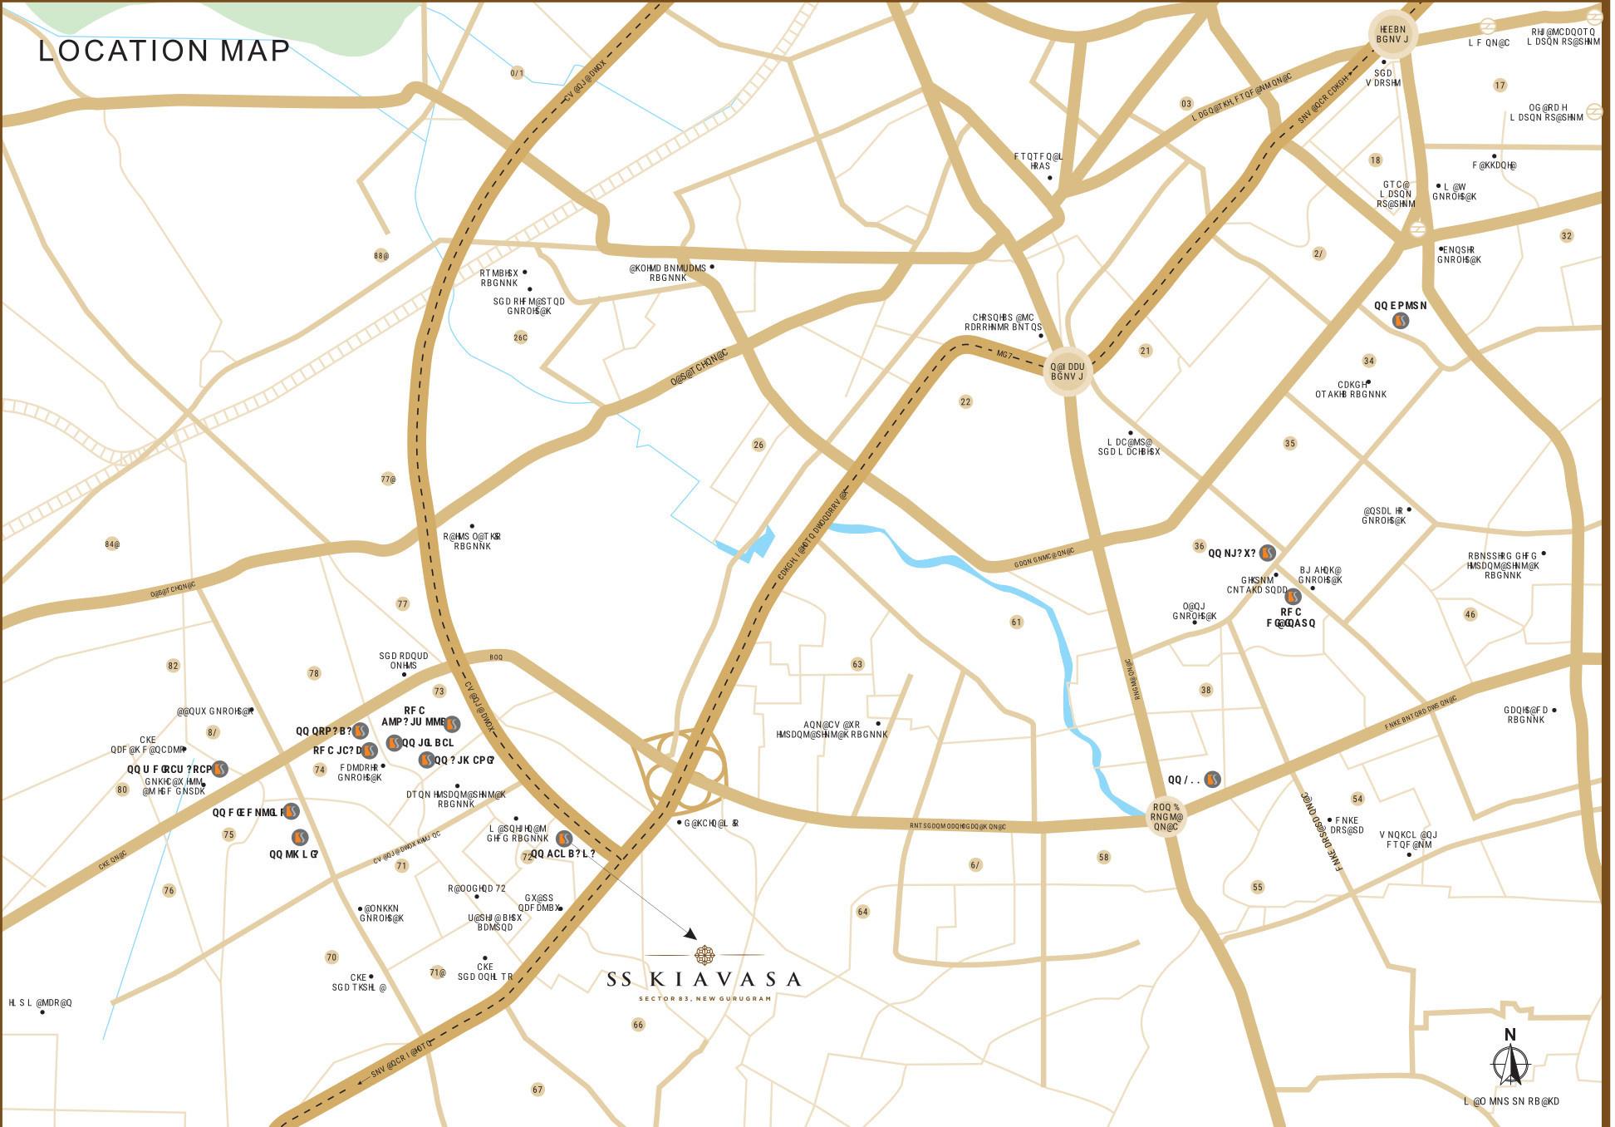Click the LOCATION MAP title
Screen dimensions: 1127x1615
coord(164,51)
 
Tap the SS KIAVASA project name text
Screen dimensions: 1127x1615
coord(704,980)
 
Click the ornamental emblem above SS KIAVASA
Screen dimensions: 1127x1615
coord(704,954)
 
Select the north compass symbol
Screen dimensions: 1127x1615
coord(1510,1065)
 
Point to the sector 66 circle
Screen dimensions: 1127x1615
coord(638,1025)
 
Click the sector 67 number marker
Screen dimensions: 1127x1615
coord(538,1090)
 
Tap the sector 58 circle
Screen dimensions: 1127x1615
coord(1103,857)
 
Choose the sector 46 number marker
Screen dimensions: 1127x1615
coord(1470,615)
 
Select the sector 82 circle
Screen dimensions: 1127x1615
coord(173,666)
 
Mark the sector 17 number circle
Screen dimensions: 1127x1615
coord(1500,86)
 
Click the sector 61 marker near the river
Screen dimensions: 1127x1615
coord(1016,622)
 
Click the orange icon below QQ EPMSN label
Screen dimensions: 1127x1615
coord(1400,321)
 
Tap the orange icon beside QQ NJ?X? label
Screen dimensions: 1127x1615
coord(1267,553)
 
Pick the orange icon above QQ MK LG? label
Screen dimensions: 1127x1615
coord(300,837)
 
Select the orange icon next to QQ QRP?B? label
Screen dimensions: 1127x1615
coord(360,731)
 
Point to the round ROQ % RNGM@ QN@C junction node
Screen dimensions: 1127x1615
coord(1166,817)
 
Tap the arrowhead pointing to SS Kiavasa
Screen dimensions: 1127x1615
coord(691,934)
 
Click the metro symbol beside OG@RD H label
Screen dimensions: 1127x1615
coord(1593,111)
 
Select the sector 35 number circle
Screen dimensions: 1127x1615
coord(1289,444)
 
